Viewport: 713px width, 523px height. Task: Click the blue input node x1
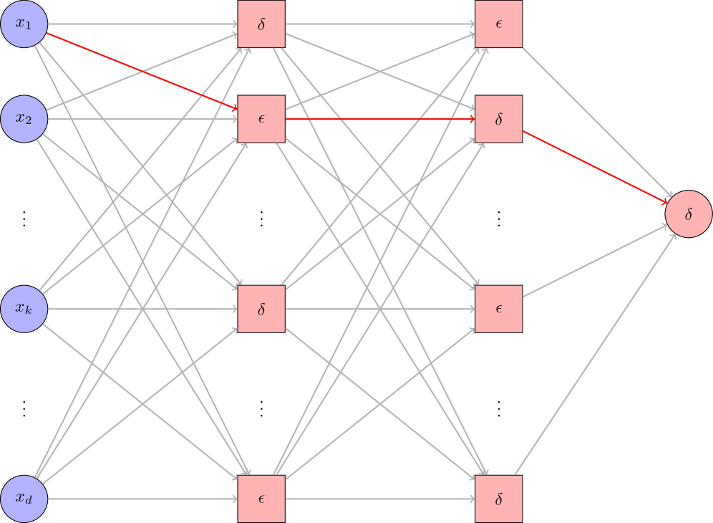pos(24,24)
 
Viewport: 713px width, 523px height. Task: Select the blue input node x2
pos(24,119)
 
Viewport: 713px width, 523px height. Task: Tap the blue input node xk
pos(24,309)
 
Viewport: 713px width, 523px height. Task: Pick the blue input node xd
pos(24,499)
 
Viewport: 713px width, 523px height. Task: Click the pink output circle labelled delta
pos(688,213)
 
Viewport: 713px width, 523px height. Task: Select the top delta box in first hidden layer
pos(261,24)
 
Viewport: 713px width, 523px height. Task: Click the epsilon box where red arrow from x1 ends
pos(261,119)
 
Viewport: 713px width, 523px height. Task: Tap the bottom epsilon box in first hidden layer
pos(261,499)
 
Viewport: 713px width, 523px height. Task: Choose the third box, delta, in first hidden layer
pos(261,309)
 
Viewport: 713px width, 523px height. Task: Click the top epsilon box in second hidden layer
pos(499,24)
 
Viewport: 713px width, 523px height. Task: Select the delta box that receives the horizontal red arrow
pos(499,119)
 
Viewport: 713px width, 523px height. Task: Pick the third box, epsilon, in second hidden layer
pos(499,309)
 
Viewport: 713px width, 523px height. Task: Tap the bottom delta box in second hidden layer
pos(499,499)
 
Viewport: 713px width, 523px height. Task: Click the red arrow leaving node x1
pos(143,72)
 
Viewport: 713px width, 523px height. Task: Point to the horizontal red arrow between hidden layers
pos(379,119)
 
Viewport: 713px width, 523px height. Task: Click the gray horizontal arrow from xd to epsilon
pos(143,499)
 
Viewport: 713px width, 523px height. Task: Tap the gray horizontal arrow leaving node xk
pos(143,309)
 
